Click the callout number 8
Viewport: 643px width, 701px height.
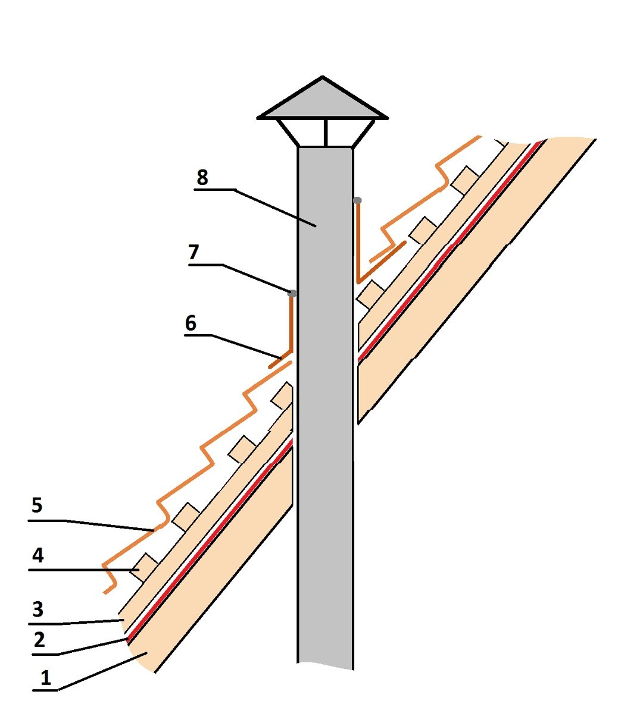tap(202, 178)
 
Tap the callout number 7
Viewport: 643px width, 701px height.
tap(193, 252)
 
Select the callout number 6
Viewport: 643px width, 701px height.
tap(191, 323)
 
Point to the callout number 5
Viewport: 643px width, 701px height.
tap(37, 505)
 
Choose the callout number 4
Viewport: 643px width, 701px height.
tap(38, 555)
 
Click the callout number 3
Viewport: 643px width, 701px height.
tap(38, 609)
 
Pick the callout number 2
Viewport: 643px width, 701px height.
tap(39, 640)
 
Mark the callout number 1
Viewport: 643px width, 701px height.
tap(46, 678)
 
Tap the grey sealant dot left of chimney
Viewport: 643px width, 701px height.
tap(292, 294)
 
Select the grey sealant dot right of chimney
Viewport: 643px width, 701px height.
tap(357, 200)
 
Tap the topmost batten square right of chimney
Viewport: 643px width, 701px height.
tap(465, 180)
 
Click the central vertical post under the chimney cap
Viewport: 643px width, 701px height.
tap(326, 133)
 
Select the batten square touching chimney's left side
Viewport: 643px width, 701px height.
tap(283, 395)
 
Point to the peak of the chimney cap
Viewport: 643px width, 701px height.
tap(323, 77)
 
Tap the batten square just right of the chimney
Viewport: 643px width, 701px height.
tap(370, 295)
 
